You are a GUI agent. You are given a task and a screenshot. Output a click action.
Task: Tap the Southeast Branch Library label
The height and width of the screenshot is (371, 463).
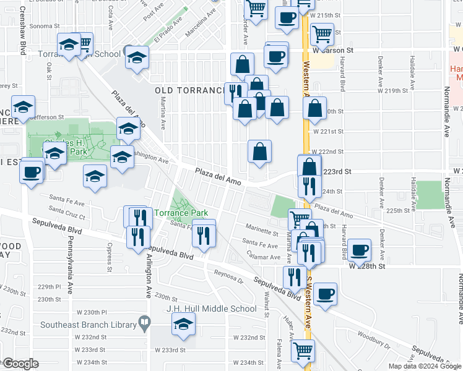point(89,323)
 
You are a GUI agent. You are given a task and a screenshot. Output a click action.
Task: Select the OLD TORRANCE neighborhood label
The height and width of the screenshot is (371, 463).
point(189,91)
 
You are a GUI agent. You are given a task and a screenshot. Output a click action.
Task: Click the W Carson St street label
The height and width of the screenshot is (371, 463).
point(332,49)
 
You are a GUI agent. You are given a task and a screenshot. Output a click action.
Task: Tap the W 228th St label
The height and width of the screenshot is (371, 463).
point(367,266)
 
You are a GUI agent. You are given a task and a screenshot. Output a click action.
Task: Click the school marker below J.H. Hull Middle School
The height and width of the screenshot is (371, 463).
point(183,324)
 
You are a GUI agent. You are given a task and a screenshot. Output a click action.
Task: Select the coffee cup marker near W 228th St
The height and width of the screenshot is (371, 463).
point(358,250)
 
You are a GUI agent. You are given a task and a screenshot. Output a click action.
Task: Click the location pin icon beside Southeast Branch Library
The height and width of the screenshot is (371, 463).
point(144,322)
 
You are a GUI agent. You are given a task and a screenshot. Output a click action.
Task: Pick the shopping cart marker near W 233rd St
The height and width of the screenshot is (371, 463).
point(303,351)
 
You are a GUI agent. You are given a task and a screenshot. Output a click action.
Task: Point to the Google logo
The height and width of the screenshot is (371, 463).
point(20,364)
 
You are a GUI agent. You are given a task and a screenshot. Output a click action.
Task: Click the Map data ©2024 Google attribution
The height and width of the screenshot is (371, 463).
point(424,366)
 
